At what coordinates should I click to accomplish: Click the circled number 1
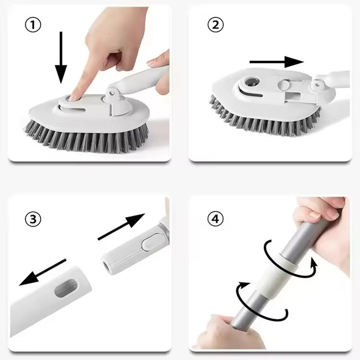click(x=33, y=25)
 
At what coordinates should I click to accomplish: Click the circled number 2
click(x=216, y=25)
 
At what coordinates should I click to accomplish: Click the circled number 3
click(x=33, y=219)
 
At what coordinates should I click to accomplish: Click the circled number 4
click(x=216, y=219)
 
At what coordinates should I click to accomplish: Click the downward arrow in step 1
click(x=61, y=58)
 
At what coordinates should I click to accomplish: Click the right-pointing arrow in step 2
click(x=276, y=62)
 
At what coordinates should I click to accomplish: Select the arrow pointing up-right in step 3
click(x=121, y=227)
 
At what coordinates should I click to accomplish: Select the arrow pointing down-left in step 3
click(x=43, y=272)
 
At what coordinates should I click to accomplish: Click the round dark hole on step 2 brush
click(x=252, y=82)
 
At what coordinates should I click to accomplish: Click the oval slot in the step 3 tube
click(x=66, y=288)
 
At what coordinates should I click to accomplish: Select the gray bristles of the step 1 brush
click(x=86, y=138)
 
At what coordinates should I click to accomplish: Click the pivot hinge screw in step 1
click(x=112, y=93)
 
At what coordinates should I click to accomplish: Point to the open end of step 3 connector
click(x=107, y=265)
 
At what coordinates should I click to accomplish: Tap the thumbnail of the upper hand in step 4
click(x=314, y=215)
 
